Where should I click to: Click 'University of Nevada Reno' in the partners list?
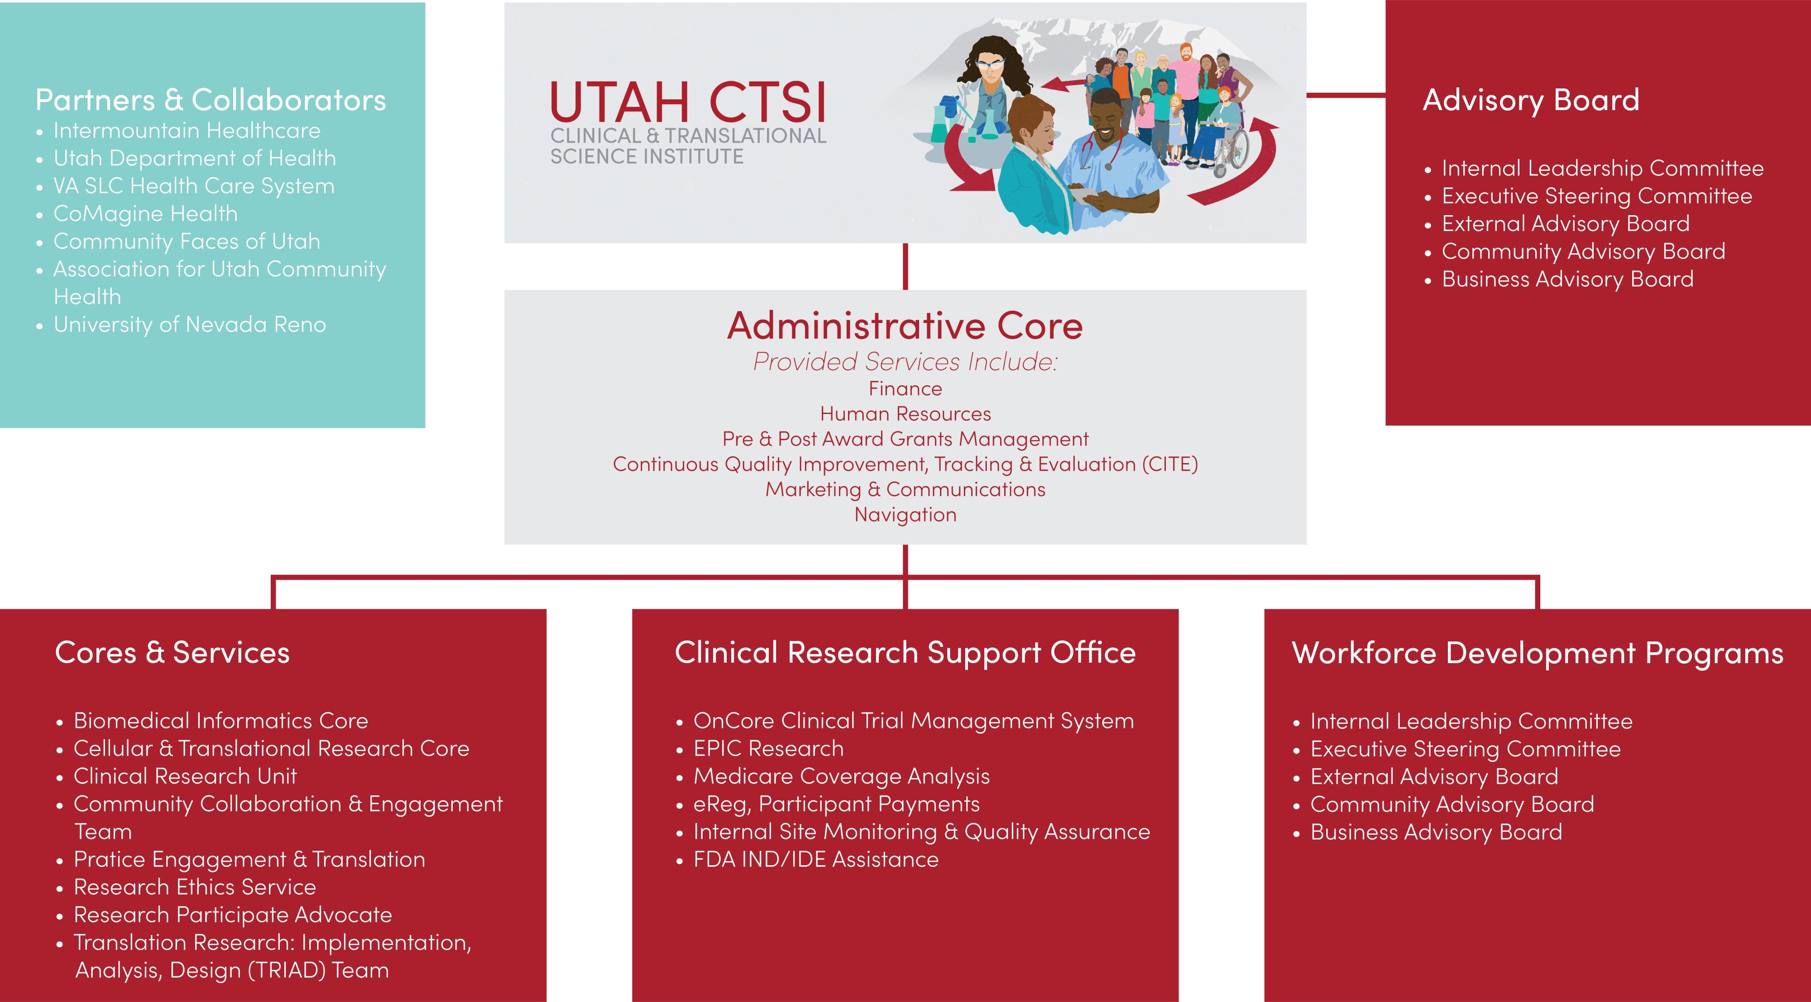tap(190, 325)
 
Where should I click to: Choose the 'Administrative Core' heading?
tap(905, 326)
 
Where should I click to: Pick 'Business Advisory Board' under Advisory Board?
tap(1568, 279)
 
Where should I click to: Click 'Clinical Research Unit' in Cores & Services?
tap(185, 776)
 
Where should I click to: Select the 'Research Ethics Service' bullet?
tap(195, 887)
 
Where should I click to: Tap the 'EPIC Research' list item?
tap(768, 749)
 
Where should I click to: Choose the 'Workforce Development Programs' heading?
tap(1538, 653)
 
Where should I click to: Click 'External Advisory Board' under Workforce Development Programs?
tap(1434, 777)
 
